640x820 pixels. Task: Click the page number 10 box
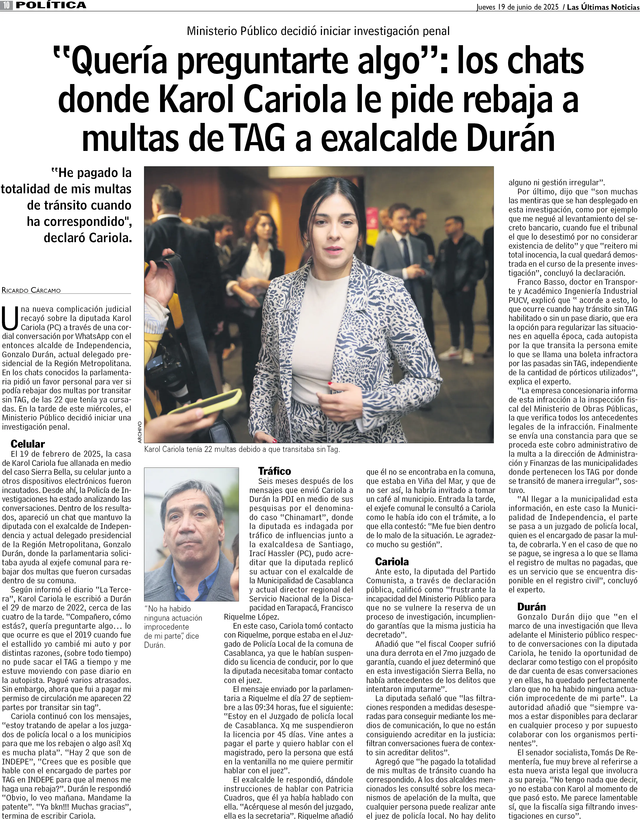[7, 5]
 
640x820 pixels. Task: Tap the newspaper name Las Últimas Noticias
[603, 7]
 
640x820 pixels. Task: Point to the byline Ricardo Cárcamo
[31, 290]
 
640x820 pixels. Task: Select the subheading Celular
[28, 444]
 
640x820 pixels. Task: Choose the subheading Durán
[531, 607]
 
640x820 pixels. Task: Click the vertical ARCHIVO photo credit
[139, 432]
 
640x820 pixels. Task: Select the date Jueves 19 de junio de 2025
[517, 7]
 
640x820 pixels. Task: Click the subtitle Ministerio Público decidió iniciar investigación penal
[318, 31]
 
